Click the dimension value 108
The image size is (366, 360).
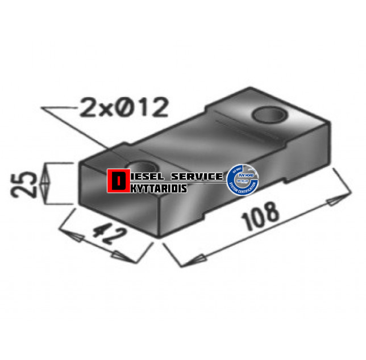[x=261, y=215]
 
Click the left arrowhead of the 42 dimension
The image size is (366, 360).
[x=69, y=233]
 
